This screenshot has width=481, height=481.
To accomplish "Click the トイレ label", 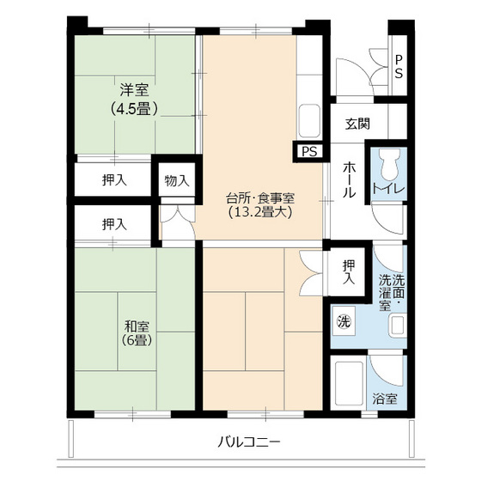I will (x=388, y=188).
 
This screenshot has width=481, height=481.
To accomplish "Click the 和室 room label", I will (x=137, y=326).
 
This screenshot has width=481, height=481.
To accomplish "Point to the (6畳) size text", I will (x=137, y=341).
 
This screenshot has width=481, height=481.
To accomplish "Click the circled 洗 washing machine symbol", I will (x=344, y=323).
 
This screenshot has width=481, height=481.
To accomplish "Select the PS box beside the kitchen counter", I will (x=307, y=152).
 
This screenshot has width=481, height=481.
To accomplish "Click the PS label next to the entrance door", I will (x=399, y=66).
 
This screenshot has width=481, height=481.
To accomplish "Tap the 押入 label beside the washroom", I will (x=348, y=271).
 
